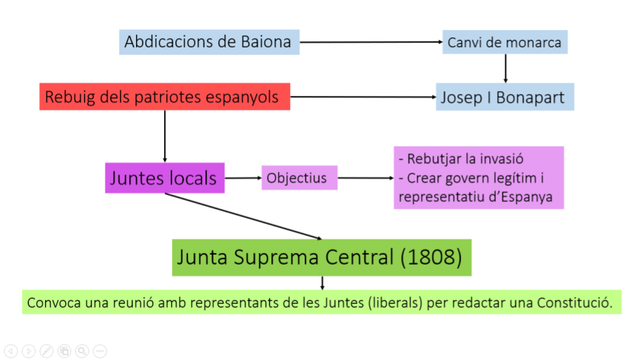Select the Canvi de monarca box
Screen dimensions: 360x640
[x=505, y=42]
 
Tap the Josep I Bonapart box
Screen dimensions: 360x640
[x=505, y=97]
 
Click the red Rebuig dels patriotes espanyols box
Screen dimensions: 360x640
[x=165, y=97]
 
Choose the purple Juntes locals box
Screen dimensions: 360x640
[x=164, y=178]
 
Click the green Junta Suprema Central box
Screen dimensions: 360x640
[x=320, y=257]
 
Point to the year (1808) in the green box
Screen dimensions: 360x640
[x=430, y=257]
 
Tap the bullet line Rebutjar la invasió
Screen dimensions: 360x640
[x=461, y=160]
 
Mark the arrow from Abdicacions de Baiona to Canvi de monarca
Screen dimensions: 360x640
[x=370, y=43]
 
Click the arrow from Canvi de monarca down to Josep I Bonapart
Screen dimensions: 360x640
[x=505, y=68]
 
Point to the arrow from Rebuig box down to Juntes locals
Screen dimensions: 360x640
[x=164, y=135]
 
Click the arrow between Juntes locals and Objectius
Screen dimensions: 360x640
[x=242, y=179]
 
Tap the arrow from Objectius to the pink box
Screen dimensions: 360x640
[x=366, y=179]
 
